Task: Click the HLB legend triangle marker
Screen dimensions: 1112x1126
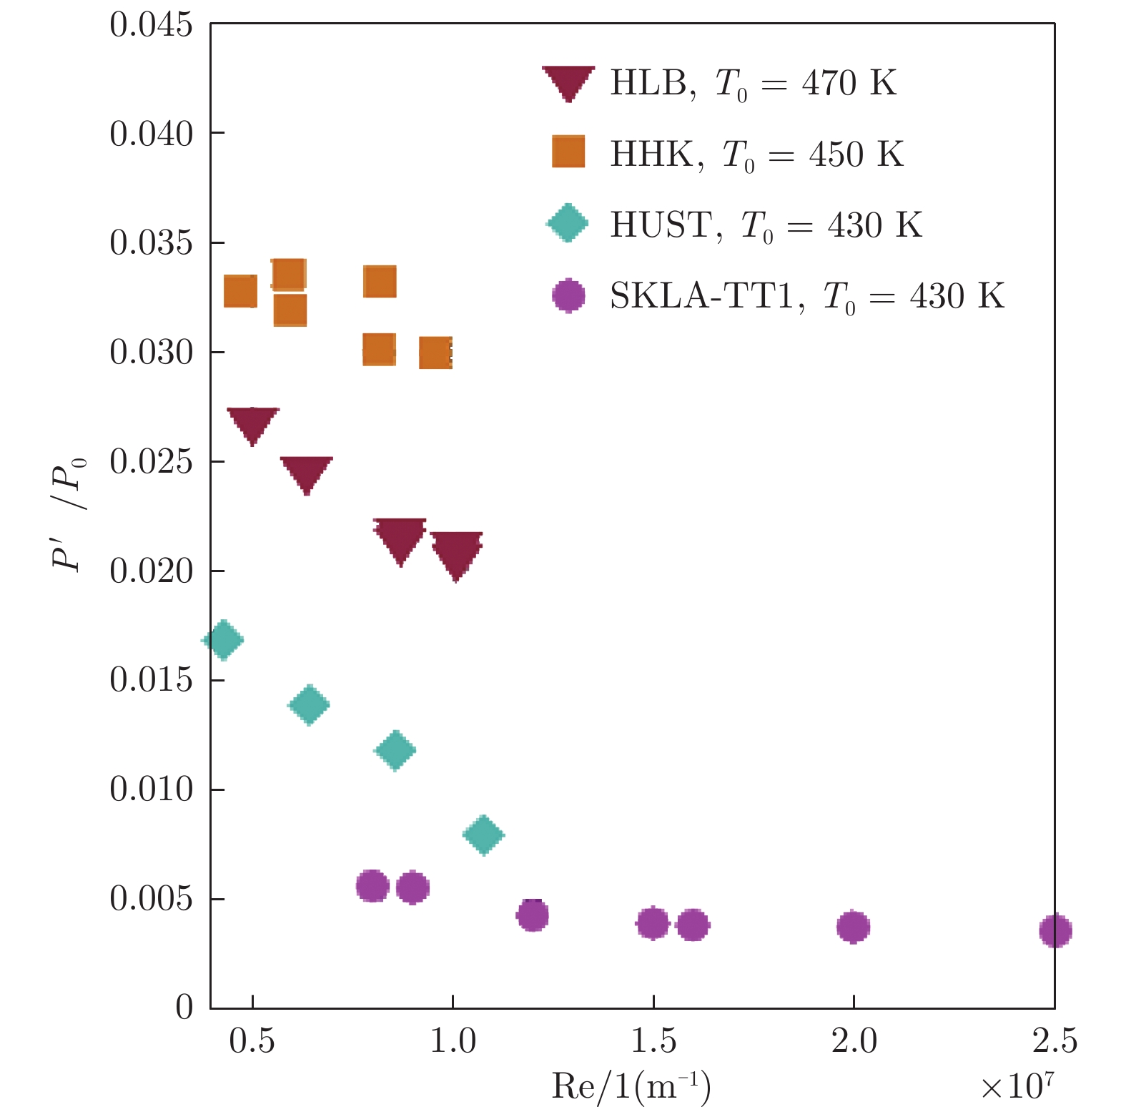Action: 568,82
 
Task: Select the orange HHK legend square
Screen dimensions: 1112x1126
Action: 568,152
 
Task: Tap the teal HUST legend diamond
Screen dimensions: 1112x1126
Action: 567,223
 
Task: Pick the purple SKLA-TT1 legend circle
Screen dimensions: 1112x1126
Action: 568,295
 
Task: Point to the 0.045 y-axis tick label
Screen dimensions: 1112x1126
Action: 151,25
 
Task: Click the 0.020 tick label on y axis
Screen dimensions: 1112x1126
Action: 151,571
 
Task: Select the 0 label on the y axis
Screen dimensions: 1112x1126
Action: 184,1007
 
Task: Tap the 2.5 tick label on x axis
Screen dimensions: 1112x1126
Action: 1054,1041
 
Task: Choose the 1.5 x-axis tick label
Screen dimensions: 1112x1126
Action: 653,1041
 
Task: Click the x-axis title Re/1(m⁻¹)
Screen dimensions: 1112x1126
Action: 631,1087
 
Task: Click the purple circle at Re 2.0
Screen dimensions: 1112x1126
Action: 853,927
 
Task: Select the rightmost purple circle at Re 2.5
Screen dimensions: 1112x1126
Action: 1055,930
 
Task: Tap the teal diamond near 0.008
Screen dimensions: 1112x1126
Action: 483,835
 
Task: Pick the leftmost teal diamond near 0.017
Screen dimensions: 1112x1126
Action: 223,640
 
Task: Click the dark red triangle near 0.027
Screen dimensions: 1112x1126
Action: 252,423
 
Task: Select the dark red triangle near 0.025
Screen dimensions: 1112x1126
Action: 307,473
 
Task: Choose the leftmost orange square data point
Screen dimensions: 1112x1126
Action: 240,291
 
